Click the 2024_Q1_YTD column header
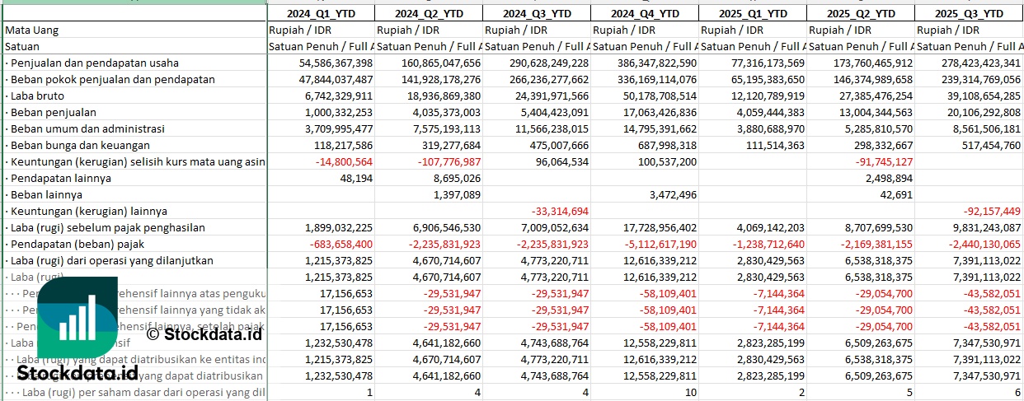point(320,13)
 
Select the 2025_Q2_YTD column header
point(861,13)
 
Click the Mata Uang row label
point(31,30)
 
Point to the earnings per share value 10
point(690,392)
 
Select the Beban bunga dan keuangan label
point(73,145)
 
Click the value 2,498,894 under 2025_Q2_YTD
point(884,178)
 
